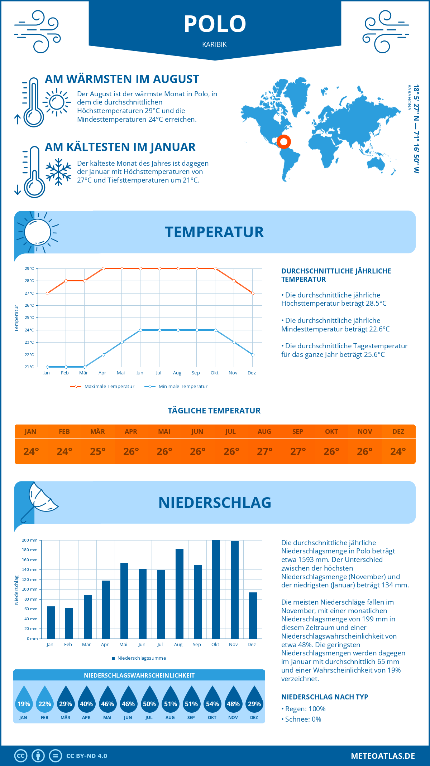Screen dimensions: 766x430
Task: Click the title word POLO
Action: (x=215, y=24)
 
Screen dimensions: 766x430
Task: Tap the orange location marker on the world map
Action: (x=284, y=142)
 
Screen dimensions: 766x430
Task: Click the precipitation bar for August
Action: (x=179, y=594)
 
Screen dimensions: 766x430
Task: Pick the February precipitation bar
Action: (x=69, y=623)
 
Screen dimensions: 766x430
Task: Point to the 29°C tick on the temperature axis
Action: (x=29, y=268)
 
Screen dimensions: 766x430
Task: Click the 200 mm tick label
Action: (x=30, y=540)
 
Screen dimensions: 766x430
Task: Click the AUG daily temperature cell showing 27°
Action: (x=264, y=451)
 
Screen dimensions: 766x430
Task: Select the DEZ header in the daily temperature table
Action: (x=398, y=432)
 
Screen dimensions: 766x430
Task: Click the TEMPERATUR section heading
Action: (x=214, y=232)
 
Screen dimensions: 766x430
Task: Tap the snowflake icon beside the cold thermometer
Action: (x=58, y=172)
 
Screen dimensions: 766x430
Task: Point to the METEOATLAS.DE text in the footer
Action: (x=383, y=756)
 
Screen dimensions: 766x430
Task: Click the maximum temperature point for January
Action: (x=47, y=293)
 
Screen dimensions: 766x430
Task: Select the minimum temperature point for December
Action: (x=253, y=355)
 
